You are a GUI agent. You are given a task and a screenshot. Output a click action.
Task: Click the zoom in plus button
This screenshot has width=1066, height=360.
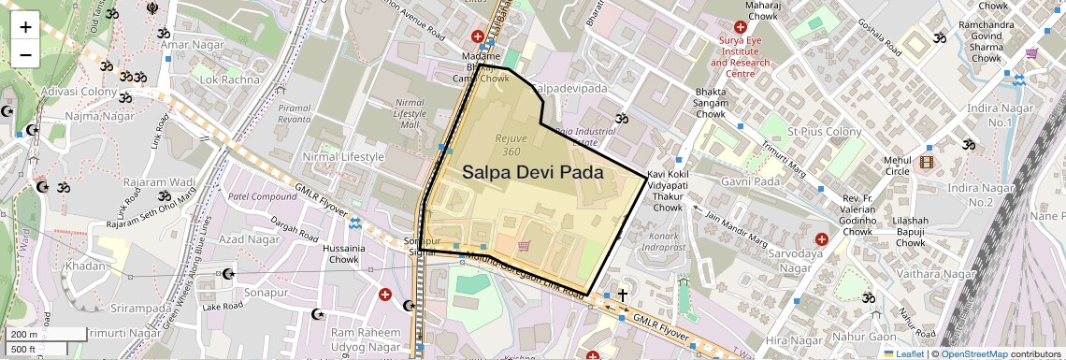[25, 26]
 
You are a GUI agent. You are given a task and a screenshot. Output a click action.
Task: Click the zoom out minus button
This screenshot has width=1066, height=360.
[25, 53]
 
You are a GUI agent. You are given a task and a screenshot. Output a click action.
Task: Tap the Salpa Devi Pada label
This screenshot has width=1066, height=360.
[532, 173]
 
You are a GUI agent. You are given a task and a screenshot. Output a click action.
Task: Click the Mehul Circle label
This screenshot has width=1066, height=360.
[897, 166]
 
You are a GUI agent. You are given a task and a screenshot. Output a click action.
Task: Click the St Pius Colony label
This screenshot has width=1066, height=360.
[824, 132]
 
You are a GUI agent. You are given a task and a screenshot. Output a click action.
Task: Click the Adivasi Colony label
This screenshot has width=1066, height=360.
[77, 92]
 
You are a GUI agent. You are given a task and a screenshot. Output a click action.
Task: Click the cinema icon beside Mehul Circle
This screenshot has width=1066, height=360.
[926, 162]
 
